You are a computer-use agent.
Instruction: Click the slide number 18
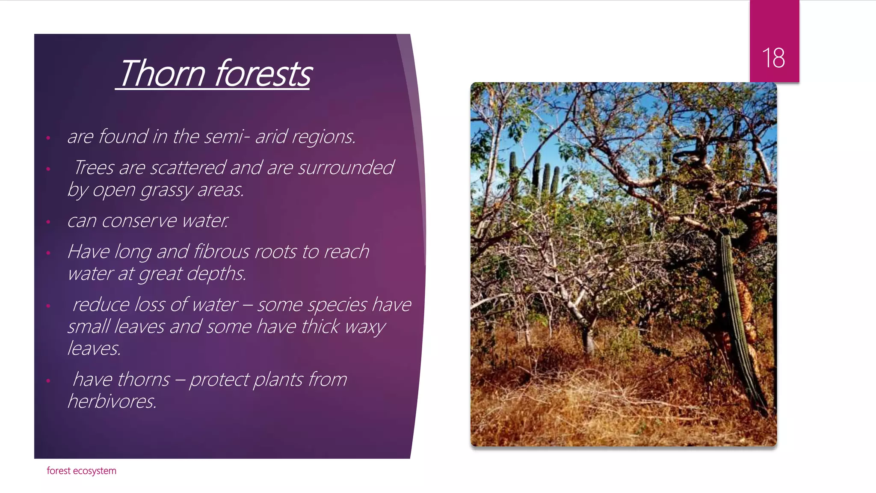[x=773, y=58]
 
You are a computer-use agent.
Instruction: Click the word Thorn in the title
[x=162, y=74]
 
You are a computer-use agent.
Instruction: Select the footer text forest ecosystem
[x=81, y=471]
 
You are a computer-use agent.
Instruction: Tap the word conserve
[x=139, y=221]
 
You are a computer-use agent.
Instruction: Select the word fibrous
[x=222, y=252]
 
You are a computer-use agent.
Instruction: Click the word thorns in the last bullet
[x=143, y=380]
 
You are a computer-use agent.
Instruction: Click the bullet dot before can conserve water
[x=48, y=222]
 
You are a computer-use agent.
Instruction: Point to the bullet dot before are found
[x=48, y=138]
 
